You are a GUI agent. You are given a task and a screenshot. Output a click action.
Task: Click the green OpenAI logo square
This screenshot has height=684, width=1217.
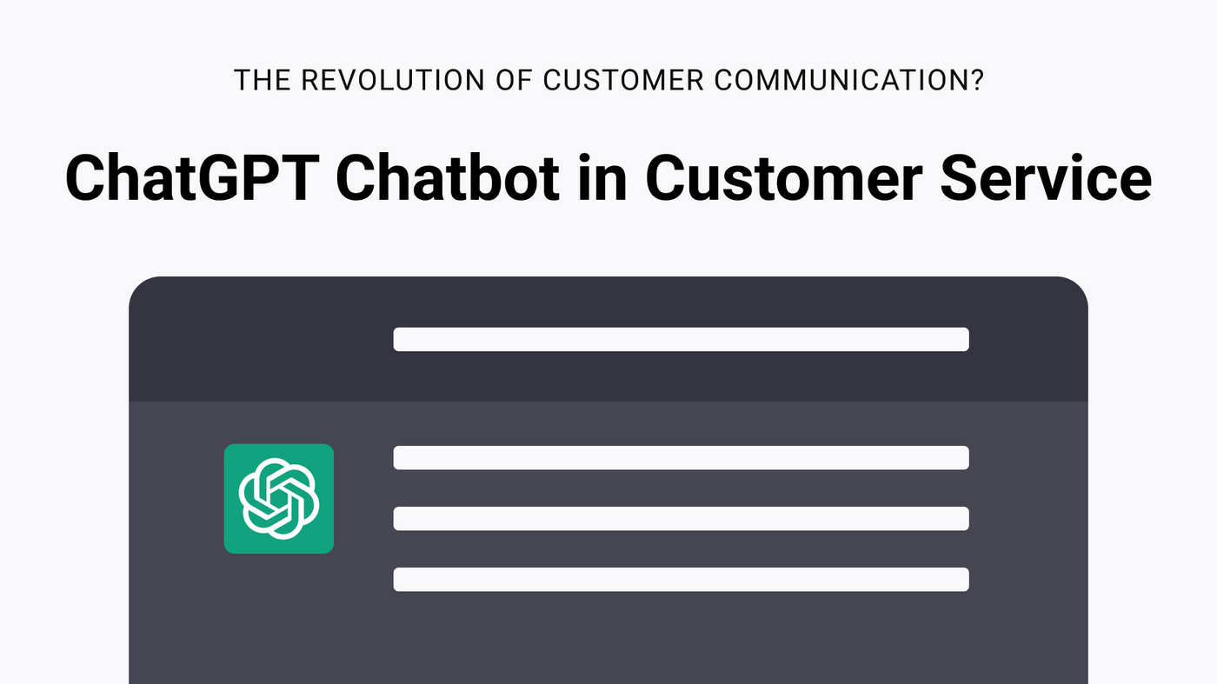279,499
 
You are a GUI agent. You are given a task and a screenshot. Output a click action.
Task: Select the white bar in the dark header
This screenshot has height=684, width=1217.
681,339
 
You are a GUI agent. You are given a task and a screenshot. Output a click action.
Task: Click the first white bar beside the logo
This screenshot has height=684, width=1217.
681,458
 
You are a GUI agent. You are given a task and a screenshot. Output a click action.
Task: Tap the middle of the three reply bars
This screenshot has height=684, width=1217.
681,519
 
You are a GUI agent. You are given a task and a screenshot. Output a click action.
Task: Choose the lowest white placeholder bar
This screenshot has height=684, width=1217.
681,580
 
